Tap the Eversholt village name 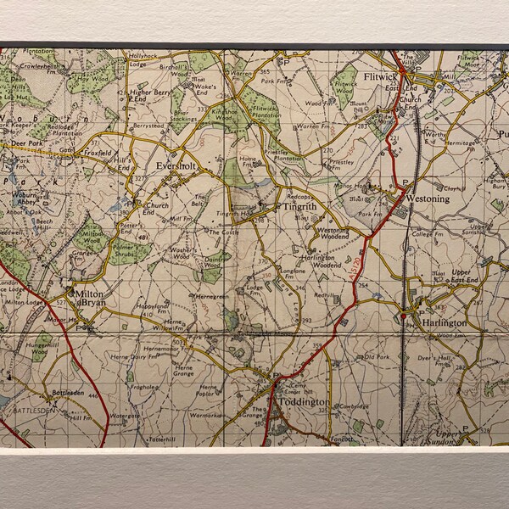click(x=176, y=168)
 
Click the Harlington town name click(x=444, y=323)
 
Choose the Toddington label click(x=305, y=401)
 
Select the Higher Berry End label click(x=150, y=97)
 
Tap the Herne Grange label click(x=183, y=369)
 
